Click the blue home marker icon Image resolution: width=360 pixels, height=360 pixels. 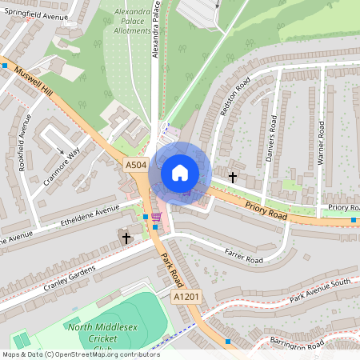point(180,172)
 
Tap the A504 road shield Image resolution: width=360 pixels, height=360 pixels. point(136,165)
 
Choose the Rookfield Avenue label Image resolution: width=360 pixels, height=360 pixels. point(24,142)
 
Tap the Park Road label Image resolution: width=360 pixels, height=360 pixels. point(172,272)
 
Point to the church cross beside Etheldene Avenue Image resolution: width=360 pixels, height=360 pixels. point(126,238)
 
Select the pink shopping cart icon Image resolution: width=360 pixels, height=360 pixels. point(155,216)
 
